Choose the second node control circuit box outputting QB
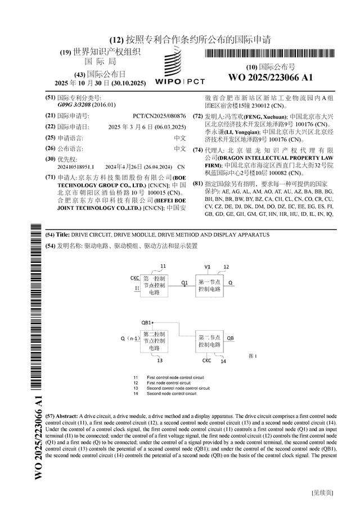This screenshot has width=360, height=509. [x=209, y=341]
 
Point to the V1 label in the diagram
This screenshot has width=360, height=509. [x=207, y=266]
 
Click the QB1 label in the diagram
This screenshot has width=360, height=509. [x=146, y=322]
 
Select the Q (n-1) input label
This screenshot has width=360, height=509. [x=129, y=339]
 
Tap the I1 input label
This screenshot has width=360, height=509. [x=136, y=288]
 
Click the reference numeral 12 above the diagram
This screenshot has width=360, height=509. [x=226, y=267]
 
